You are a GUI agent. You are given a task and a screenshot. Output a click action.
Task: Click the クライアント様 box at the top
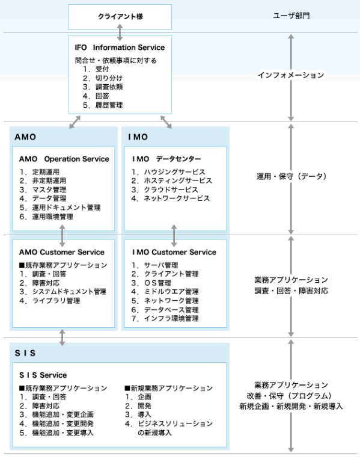click(120, 17)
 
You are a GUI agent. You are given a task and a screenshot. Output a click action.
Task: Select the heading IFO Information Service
click(120, 48)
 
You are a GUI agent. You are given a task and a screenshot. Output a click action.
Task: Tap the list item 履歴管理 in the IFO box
click(109, 105)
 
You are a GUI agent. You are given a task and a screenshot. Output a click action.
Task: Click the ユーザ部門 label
click(291, 16)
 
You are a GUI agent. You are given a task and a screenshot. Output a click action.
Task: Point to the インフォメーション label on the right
click(291, 75)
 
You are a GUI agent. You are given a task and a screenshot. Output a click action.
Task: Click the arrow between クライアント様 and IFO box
click(120, 32)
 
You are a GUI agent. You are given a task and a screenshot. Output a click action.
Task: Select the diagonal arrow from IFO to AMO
click(75, 122)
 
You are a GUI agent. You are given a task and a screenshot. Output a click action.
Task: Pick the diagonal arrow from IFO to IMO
click(166, 122)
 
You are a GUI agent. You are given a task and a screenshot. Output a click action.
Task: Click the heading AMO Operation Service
click(64, 159)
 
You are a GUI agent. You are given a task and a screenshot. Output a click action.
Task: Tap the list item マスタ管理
click(49, 189)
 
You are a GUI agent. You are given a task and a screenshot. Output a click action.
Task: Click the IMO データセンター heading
click(166, 159)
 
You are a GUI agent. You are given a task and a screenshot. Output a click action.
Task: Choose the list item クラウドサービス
click(171, 189)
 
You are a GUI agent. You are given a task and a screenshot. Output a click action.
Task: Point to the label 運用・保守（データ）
click(291, 176)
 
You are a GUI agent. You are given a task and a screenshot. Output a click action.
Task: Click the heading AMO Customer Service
click(62, 252)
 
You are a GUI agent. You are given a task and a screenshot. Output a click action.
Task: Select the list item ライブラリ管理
click(56, 301)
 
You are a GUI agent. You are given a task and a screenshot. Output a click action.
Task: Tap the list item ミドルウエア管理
click(171, 292)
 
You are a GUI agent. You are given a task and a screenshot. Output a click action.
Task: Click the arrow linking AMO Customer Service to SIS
click(63, 337)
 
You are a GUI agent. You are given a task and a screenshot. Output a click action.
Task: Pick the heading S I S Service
click(43, 375)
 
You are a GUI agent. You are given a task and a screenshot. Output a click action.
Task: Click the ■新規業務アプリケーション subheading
click(169, 388)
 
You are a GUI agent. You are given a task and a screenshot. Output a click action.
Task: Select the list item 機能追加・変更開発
click(63, 424)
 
